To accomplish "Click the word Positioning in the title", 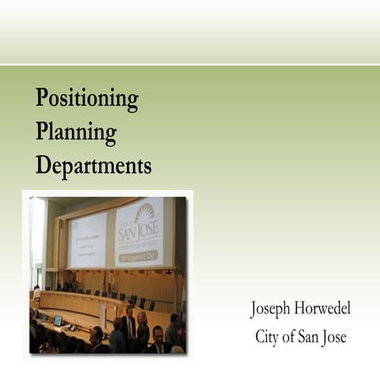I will (x=87, y=100).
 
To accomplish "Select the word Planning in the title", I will (x=76, y=132).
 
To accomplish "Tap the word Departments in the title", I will (x=93, y=165).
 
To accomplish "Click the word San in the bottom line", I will (x=304, y=337).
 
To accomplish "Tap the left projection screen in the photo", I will (x=88, y=240).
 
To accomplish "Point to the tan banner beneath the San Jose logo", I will (x=139, y=256).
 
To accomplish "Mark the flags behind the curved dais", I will (x=106, y=280).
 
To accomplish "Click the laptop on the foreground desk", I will (x=57, y=320).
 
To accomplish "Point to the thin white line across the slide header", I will (x=190, y=65).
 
